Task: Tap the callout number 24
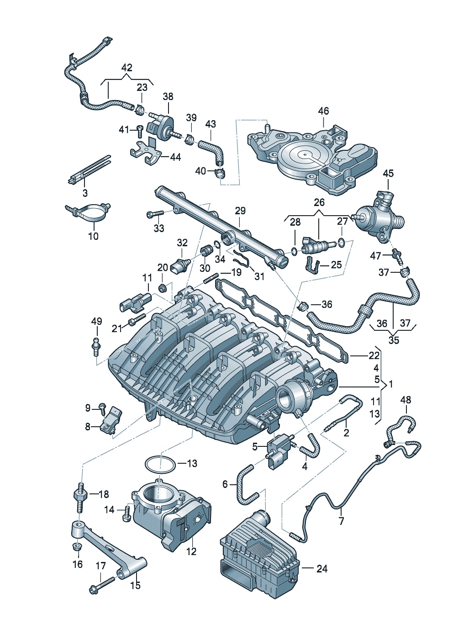click(322, 569)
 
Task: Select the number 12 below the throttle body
click(191, 551)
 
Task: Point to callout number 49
click(97, 321)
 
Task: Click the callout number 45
click(388, 174)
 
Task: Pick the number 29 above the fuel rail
click(240, 211)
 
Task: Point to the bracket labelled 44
click(146, 154)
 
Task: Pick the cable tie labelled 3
click(89, 171)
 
